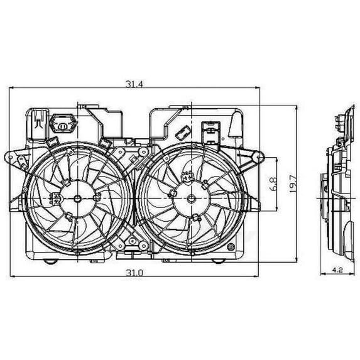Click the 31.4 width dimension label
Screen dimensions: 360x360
134,84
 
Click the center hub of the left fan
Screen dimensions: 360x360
78,199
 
